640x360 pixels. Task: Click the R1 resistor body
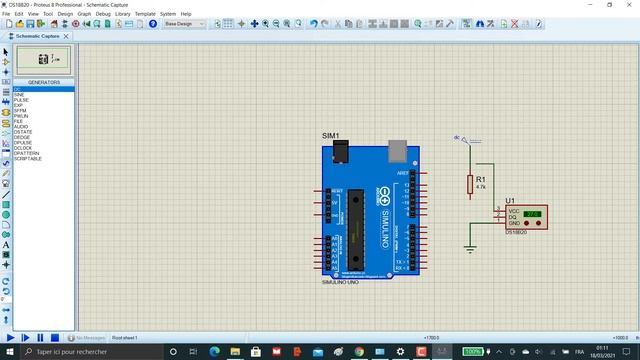coord(470,184)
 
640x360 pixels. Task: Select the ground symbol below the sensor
coord(470,246)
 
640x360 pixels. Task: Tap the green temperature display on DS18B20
coord(532,214)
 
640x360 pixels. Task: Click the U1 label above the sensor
coord(510,201)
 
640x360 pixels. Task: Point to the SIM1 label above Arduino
coord(331,136)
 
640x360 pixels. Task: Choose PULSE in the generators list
coord(21,100)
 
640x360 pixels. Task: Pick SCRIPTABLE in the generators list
coord(28,158)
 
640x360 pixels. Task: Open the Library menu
coord(122,14)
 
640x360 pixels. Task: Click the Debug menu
coord(102,14)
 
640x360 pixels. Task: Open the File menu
coord(7,14)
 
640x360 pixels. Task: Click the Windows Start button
coord(8,352)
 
